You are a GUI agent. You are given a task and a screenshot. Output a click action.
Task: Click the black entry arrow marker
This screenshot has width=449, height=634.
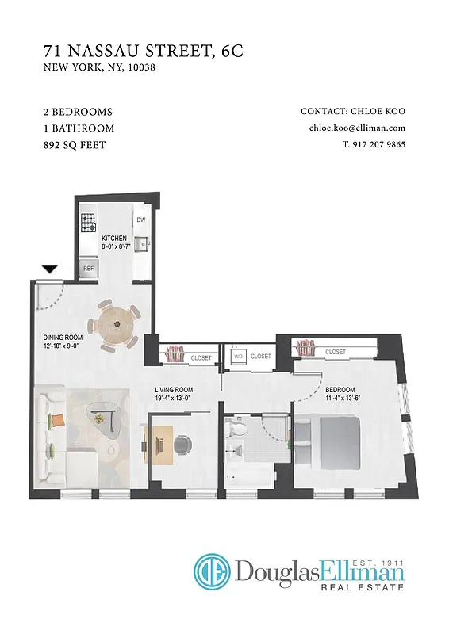tap(49, 269)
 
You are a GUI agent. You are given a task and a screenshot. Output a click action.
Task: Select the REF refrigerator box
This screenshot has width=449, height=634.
tap(89, 269)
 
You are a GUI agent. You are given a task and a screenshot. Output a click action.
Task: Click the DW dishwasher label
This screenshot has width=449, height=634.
tap(140, 220)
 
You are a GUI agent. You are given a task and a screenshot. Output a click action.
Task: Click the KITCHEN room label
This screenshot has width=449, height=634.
tap(113, 238)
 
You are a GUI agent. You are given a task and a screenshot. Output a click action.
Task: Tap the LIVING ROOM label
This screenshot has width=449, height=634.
tap(174, 390)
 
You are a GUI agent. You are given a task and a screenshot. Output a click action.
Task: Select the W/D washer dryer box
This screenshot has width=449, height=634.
tap(237, 357)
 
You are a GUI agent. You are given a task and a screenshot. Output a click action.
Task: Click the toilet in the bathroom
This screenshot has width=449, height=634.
tap(236, 432)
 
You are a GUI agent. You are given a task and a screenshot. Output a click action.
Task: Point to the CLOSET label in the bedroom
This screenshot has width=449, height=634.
tap(335, 351)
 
